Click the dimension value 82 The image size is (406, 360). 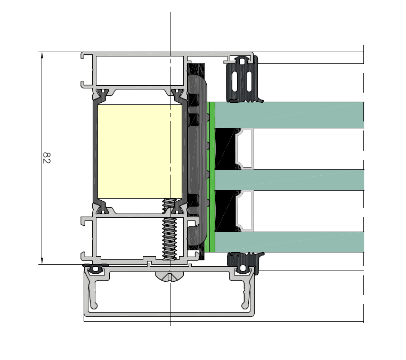tap(46, 158)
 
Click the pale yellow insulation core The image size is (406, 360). tap(140, 151)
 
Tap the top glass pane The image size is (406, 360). tap(289, 115)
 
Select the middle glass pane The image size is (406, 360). tap(289, 180)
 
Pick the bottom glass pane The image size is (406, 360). tap(289, 242)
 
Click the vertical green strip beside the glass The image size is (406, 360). tap(212, 177)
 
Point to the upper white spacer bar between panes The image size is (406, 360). tap(245, 149)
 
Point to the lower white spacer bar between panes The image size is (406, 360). tap(245, 211)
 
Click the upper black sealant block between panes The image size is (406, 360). tap(225, 149)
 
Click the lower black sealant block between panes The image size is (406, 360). tap(225, 211)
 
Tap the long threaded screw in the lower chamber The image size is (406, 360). tap(169, 229)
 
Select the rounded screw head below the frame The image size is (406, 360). tap(169, 276)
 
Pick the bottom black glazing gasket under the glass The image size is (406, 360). tap(245, 262)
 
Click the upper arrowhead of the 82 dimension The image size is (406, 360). tap(42, 55)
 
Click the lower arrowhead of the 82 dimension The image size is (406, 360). tap(42, 260)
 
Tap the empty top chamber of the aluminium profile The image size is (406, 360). tap(140, 70)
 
